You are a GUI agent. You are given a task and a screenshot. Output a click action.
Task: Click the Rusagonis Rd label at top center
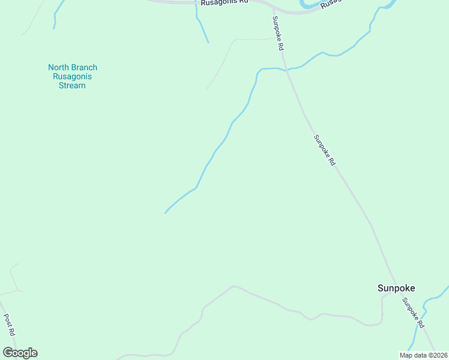(224, 2)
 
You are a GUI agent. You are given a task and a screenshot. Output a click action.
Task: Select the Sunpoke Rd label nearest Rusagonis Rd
(278, 32)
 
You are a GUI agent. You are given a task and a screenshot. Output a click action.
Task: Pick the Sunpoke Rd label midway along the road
(324, 150)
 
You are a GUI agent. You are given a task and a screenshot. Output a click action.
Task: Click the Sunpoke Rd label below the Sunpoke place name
(414, 313)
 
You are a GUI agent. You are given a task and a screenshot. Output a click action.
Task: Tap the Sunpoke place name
(396, 288)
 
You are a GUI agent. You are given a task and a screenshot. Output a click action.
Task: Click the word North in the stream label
(59, 68)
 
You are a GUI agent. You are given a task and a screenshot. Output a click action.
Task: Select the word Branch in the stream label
(85, 68)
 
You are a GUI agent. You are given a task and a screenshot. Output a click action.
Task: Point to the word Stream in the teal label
(72, 86)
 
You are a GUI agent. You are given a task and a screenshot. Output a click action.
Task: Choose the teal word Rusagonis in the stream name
(72, 77)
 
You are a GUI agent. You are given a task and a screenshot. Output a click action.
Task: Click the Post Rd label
(10, 325)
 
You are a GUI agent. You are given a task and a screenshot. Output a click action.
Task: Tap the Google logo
(20, 353)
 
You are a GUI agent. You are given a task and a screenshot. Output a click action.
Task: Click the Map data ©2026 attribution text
(423, 355)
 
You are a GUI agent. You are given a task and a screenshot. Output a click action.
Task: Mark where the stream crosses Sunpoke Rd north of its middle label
(287, 70)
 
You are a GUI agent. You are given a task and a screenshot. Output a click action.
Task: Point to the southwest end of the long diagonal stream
(165, 213)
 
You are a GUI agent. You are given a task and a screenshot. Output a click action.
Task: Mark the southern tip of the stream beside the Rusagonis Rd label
(208, 43)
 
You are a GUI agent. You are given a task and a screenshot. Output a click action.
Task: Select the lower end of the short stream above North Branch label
(55, 28)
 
